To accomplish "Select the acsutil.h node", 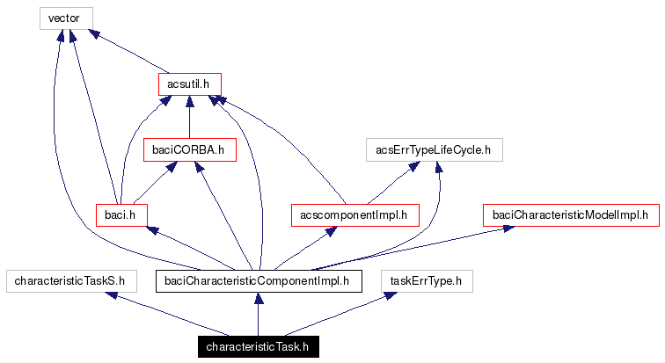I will point(188,84).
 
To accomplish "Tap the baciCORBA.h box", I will point(189,150).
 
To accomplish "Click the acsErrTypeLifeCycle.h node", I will point(434,150).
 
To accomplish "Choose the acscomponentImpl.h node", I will point(354,214).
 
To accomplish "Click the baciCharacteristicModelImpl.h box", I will point(569,214).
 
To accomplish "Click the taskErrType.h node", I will point(427,281).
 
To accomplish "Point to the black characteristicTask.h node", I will point(258,346).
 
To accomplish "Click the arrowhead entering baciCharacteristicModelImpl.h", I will point(508,229).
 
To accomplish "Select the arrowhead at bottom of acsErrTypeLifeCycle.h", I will point(438,167).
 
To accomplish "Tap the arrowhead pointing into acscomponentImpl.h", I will point(331,230).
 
